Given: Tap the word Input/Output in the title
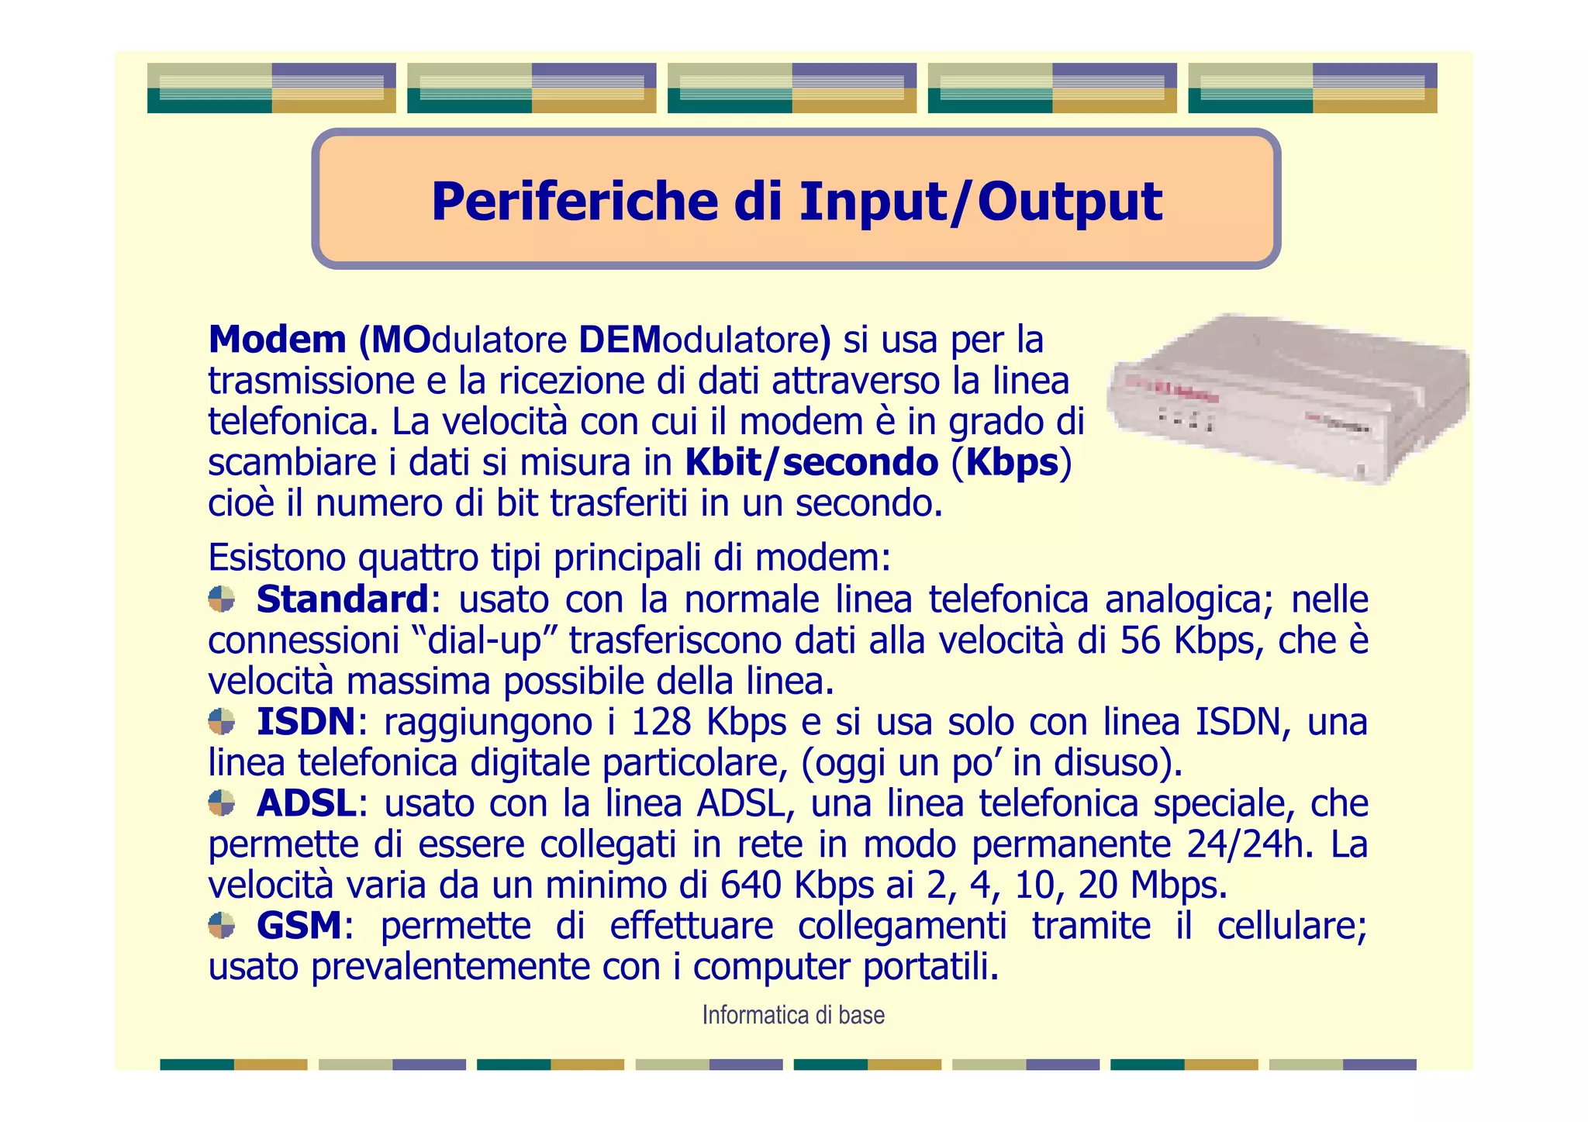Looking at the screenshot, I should click(980, 202).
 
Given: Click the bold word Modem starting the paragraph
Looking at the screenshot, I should click(277, 340).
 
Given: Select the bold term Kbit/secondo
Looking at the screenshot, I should click(811, 463).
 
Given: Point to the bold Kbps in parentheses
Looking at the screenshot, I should click(1012, 463).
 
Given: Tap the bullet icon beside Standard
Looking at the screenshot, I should click(222, 599).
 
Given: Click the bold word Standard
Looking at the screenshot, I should click(342, 599).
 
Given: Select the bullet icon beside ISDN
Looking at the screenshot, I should click(222, 722).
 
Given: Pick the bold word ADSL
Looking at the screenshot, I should click(307, 803).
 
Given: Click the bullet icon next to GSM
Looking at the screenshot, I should click(222, 925).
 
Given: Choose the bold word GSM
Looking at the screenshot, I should click(299, 926).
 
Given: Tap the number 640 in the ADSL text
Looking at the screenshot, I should click(750, 885).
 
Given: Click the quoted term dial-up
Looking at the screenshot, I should click(485, 640).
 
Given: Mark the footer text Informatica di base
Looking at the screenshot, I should click(793, 1015).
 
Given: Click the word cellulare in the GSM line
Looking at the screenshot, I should click(1290, 926).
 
